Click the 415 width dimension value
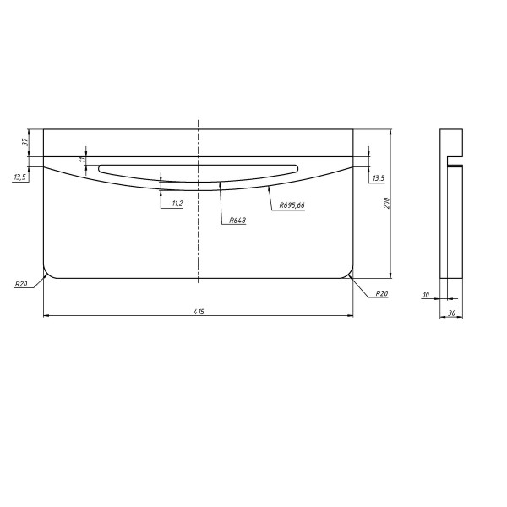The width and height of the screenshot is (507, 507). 199,312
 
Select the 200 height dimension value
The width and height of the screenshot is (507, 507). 387,203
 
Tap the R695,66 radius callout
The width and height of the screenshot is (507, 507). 292,205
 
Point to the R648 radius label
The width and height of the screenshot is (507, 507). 237,221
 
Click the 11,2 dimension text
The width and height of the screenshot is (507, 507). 177,204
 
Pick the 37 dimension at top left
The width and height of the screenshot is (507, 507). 25,142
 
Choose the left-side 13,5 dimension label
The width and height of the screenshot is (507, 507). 19,177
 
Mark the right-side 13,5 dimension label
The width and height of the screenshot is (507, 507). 379,178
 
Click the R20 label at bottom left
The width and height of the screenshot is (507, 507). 21,284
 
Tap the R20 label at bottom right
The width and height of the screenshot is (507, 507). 382,293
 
